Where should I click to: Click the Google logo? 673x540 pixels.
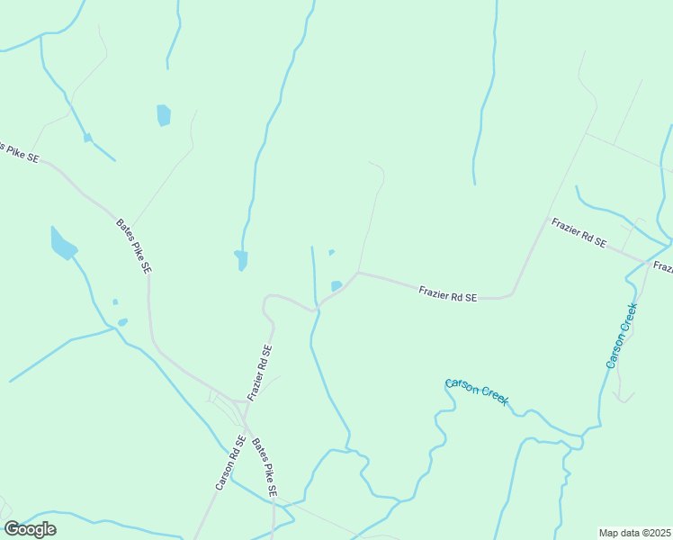coord(30,529)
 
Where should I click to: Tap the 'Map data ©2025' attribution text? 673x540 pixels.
coord(634,533)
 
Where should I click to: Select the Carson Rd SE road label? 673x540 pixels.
coord(230,463)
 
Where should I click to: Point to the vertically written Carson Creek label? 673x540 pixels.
coord(622,335)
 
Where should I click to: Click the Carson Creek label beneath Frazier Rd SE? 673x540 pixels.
coord(478,393)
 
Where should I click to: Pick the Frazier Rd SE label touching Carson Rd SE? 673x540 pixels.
coord(260,373)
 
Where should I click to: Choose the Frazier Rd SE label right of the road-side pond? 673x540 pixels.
coord(447,292)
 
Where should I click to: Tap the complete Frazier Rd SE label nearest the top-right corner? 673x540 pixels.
coord(579,233)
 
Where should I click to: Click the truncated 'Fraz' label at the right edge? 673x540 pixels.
coord(663,267)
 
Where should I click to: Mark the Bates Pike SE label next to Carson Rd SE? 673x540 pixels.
coord(265,468)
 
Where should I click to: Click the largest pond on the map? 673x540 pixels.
coord(63,244)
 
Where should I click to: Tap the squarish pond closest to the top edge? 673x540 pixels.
coord(164,115)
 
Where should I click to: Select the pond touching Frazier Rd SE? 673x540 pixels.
coord(336,286)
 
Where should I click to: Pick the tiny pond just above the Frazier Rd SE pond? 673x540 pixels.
coord(332,252)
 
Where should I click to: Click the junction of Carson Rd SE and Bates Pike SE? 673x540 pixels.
coord(246,420)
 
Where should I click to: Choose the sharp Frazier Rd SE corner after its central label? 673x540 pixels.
coord(511,292)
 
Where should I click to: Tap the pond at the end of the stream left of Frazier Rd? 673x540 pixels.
coord(240,259)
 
